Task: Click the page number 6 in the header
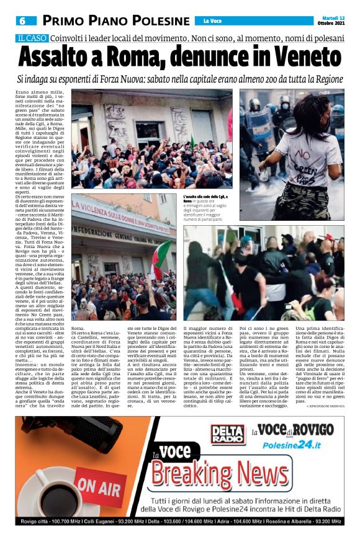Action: point(23,20)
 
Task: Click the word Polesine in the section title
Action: point(156,20)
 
